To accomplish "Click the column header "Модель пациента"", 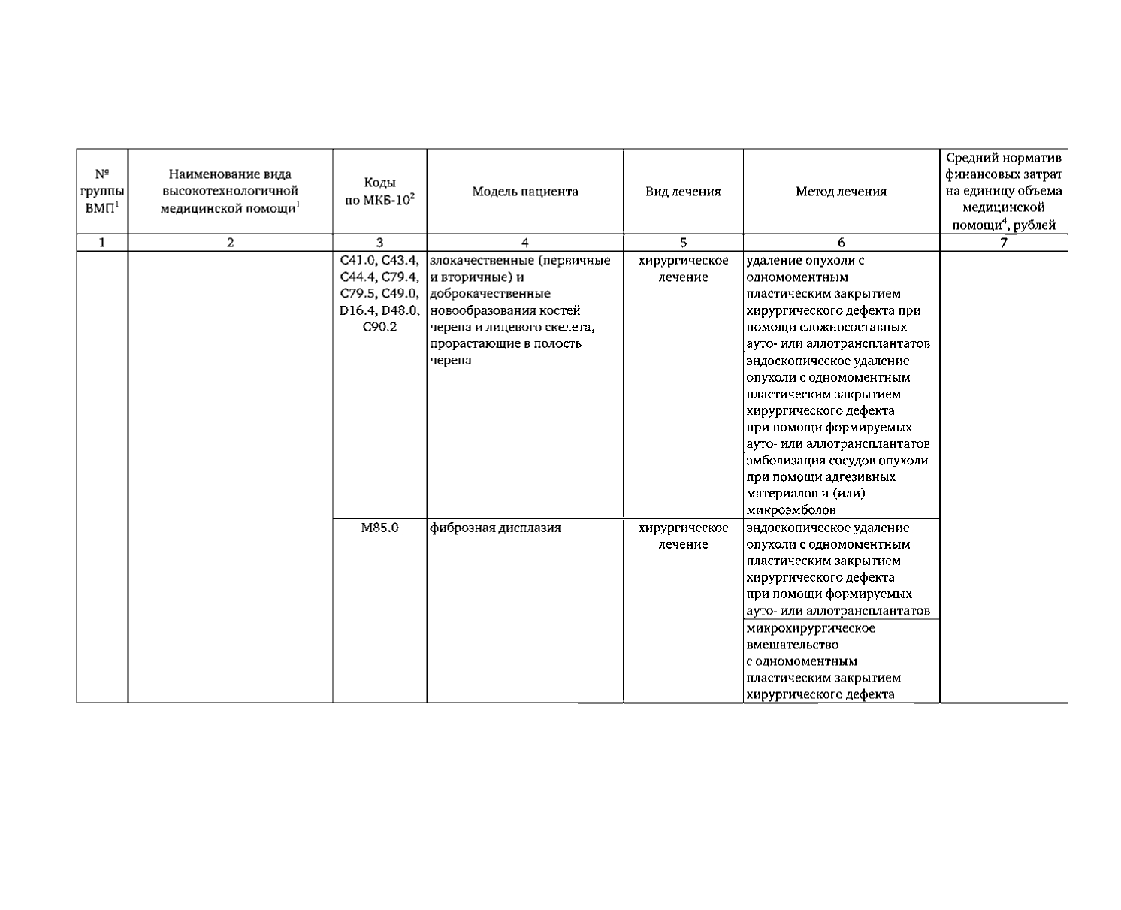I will (525, 192).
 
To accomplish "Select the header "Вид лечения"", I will (683, 192).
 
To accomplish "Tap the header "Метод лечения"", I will (841, 192).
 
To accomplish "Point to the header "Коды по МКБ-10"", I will (379, 192).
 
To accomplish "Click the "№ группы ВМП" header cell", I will (102, 192).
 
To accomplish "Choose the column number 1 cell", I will (102, 243).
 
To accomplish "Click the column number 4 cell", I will (525, 243).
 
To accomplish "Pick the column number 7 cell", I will (1003, 243).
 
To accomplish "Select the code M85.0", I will (379, 528).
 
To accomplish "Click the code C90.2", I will (379, 327).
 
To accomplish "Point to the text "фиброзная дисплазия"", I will (496, 528).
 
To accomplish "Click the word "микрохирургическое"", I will (811, 628).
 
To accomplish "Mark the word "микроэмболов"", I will (791, 510).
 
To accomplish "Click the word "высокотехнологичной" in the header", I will (230, 192).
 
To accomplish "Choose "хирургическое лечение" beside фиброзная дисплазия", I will (683, 536).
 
